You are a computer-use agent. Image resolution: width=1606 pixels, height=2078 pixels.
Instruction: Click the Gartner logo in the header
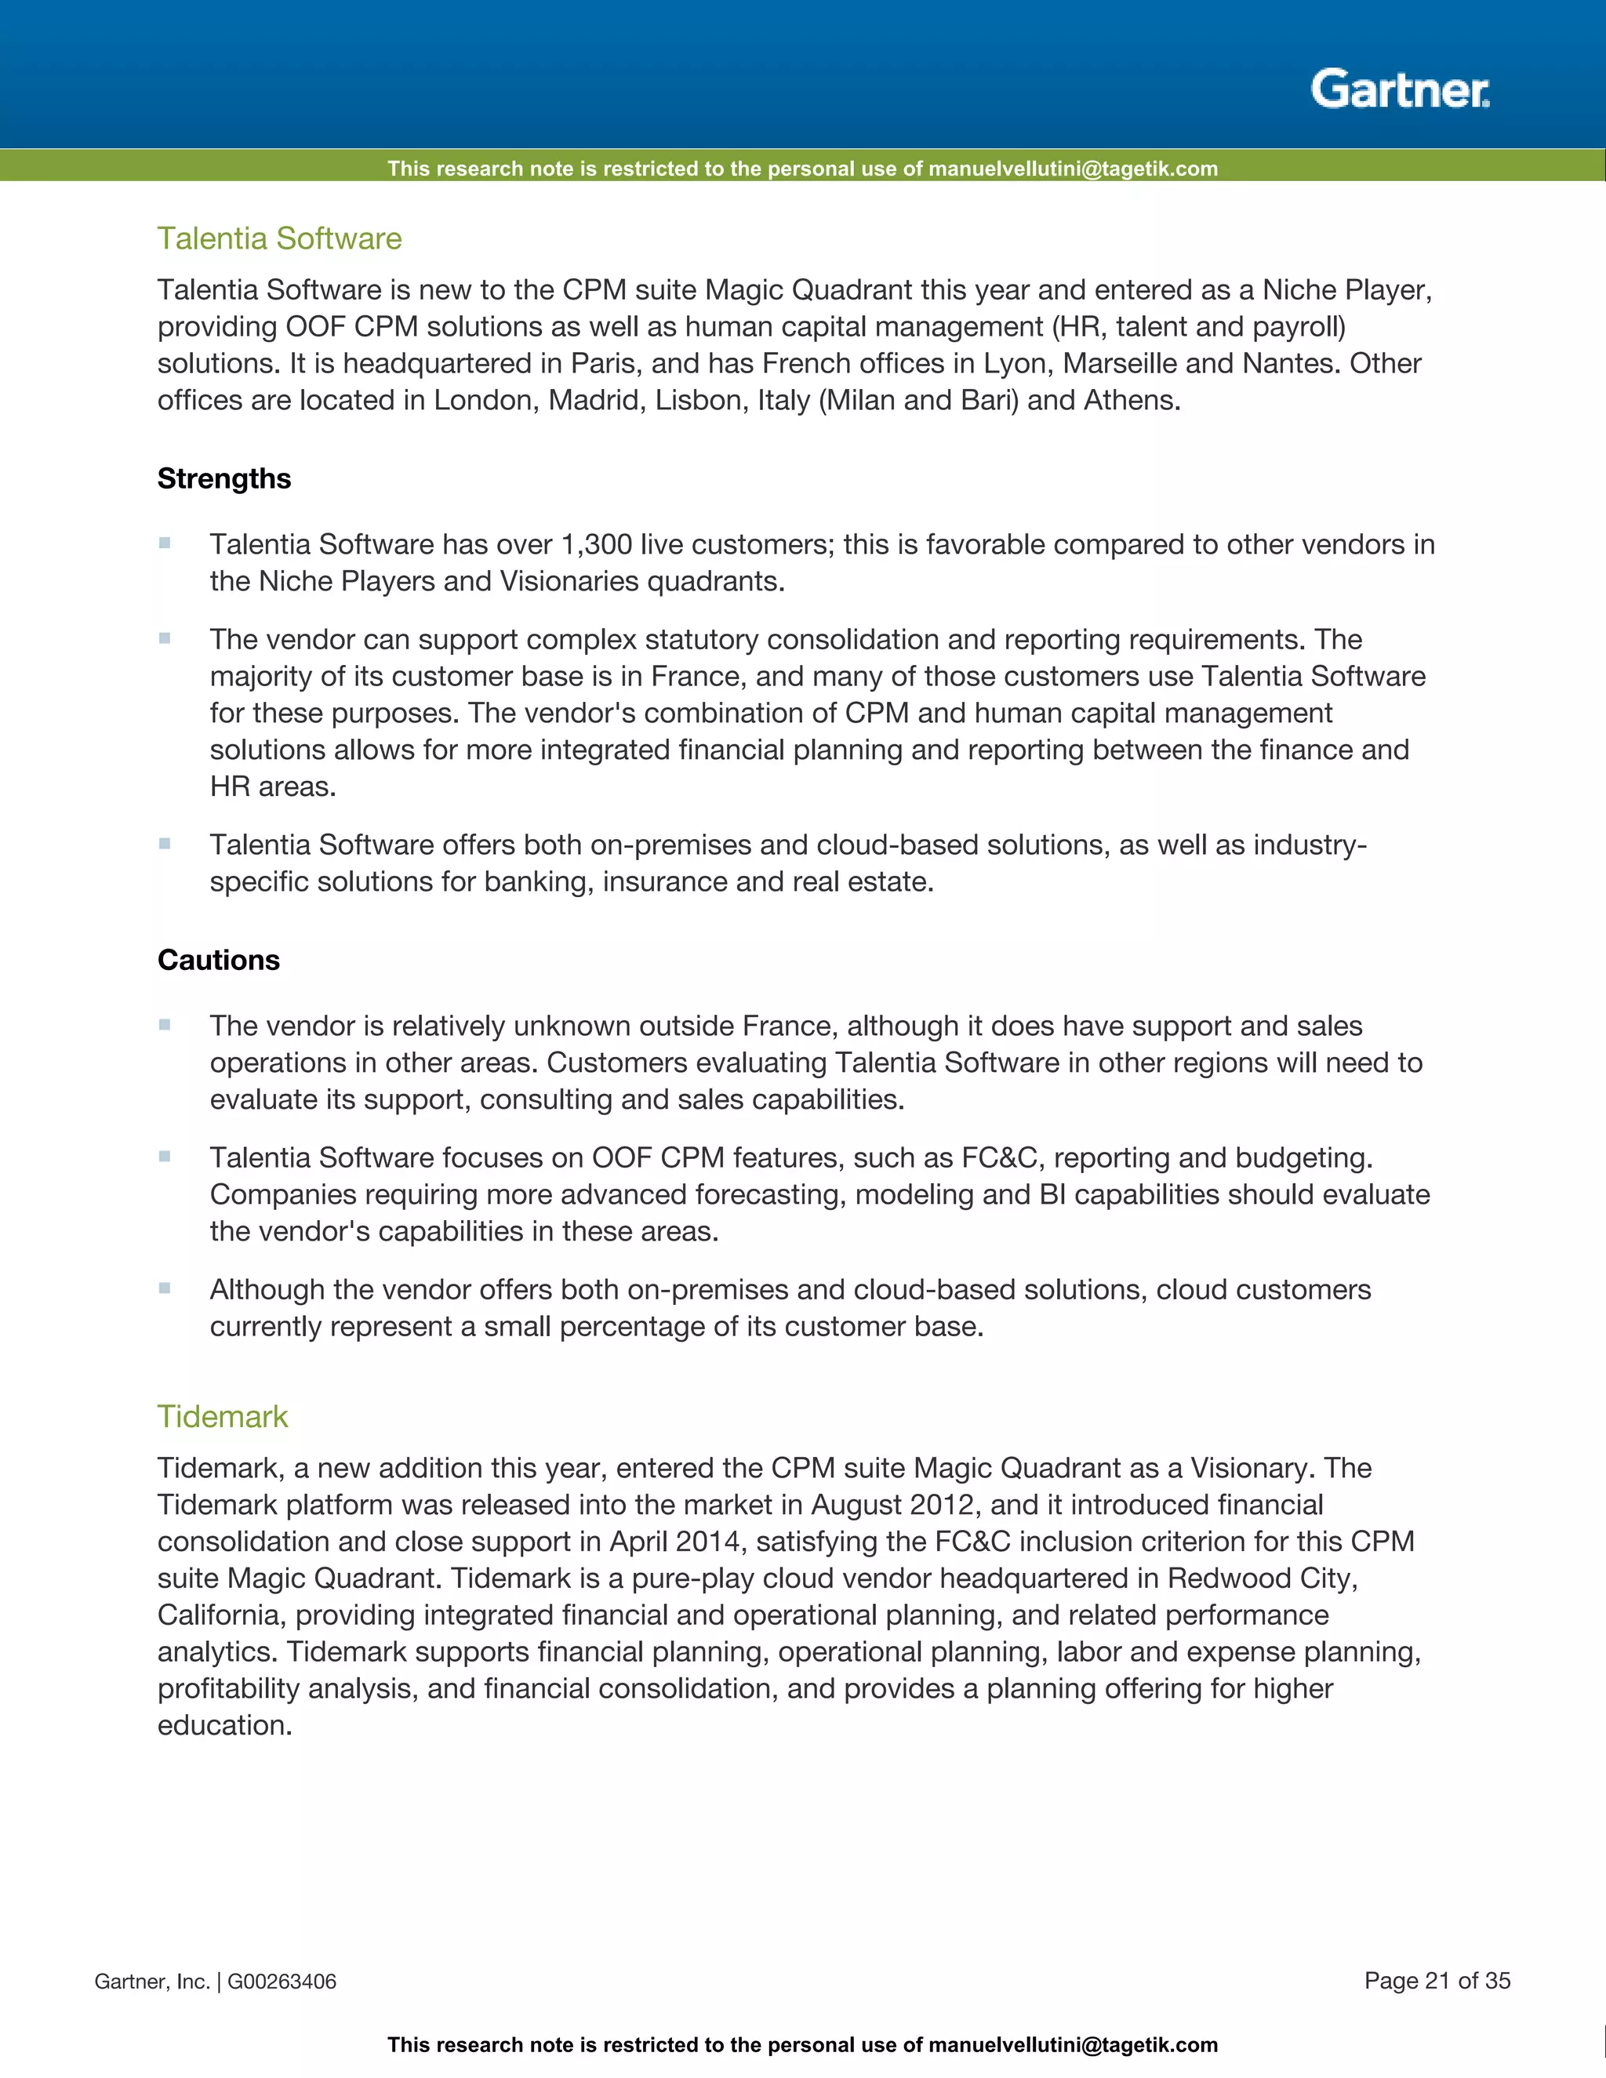tap(1400, 89)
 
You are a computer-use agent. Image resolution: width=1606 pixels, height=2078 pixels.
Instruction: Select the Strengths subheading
tap(223, 478)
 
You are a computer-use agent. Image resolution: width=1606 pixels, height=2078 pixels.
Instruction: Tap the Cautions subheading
tap(218, 959)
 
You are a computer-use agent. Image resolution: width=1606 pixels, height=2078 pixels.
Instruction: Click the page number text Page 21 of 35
tap(1437, 1981)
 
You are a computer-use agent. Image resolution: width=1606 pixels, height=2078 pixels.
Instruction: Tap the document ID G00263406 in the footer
tap(282, 1982)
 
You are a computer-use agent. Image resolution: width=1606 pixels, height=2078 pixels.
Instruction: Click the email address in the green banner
tap(1072, 169)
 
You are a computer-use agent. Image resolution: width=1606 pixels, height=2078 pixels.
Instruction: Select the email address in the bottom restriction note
tap(1072, 2046)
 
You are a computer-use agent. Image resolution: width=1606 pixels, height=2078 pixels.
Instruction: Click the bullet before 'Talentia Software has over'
tap(165, 543)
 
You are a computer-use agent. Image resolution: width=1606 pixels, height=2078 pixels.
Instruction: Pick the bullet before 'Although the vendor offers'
tap(165, 1288)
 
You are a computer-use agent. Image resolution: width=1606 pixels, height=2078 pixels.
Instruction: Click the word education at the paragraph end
tap(223, 1726)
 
